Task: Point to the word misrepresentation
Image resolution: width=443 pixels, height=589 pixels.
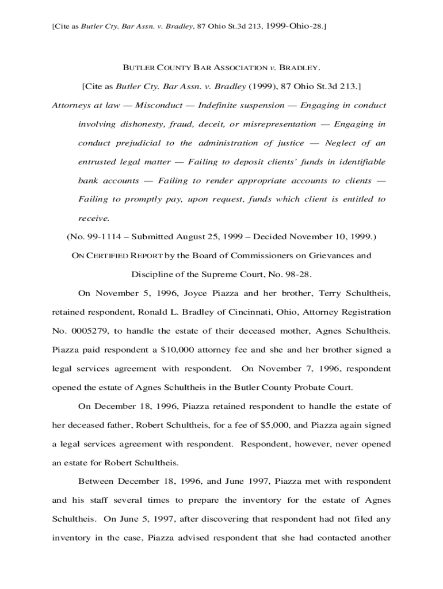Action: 280,124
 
